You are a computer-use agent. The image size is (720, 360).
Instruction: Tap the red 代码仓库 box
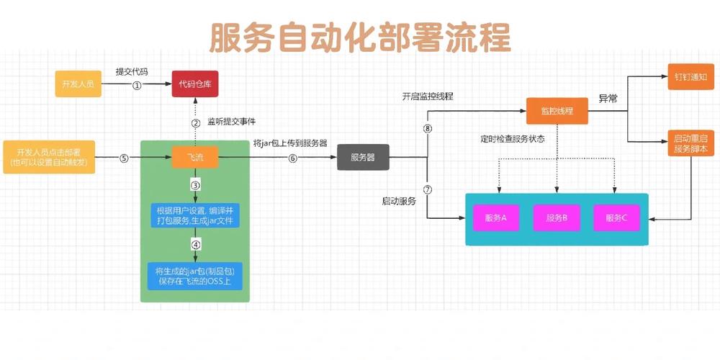pyautogui.click(x=194, y=84)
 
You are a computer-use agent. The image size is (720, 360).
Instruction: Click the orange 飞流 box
pyautogui.click(x=195, y=156)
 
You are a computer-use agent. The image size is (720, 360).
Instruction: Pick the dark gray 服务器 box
pyautogui.click(x=362, y=157)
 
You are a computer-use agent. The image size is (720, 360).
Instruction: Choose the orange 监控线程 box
pyautogui.click(x=557, y=110)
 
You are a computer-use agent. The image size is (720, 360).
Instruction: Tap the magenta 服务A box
pyautogui.click(x=497, y=218)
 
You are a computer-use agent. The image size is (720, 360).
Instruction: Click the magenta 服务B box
pyautogui.click(x=557, y=218)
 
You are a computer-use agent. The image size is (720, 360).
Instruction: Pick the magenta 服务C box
pyautogui.click(x=616, y=218)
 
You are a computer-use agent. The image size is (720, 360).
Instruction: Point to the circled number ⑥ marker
pyautogui.click(x=292, y=158)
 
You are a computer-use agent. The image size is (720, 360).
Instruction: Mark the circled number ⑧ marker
pyautogui.click(x=428, y=128)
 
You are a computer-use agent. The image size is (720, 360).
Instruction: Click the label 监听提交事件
pyautogui.click(x=231, y=121)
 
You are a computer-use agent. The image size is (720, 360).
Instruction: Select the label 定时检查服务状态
pyautogui.click(x=513, y=138)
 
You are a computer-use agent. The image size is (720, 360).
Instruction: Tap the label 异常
pyautogui.click(x=608, y=99)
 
